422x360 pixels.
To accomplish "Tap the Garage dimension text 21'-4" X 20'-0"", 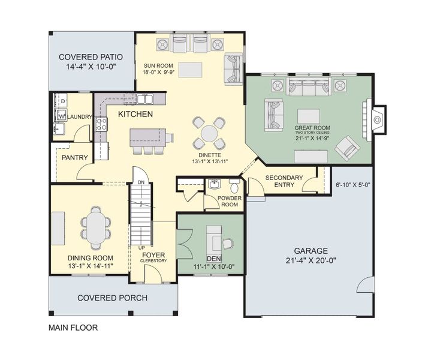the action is click(311, 260).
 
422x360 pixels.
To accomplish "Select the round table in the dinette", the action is click(209, 133).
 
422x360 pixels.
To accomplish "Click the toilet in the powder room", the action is click(234, 185).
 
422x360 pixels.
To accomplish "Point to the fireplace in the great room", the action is click(378, 119).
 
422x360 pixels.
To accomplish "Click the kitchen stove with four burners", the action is click(101, 124).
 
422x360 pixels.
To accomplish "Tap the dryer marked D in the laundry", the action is click(61, 101).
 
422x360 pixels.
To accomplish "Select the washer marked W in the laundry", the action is click(61, 116).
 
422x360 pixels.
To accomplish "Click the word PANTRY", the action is click(75, 158).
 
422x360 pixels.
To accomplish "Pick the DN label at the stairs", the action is click(141, 182).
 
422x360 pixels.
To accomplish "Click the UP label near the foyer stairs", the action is click(141, 248).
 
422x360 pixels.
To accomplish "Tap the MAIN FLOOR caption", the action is click(73, 328).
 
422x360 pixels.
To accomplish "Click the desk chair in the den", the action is click(227, 244).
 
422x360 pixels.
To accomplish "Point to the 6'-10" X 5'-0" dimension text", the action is click(353, 185).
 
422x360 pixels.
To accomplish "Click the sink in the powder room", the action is click(215, 184).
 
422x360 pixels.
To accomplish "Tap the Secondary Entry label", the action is click(284, 181).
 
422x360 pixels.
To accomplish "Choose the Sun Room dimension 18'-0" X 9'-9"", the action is click(159, 72).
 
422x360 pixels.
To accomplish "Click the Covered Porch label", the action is click(113, 298).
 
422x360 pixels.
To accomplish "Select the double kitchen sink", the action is click(145, 99).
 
